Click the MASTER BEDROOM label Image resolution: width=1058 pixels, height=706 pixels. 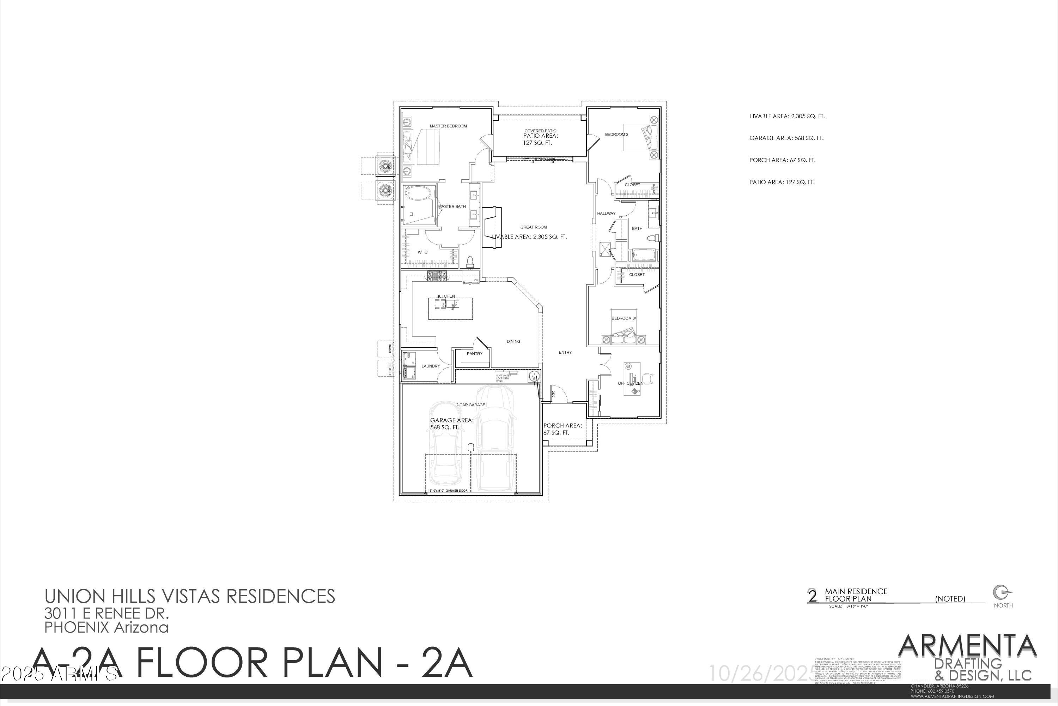pos(448,126)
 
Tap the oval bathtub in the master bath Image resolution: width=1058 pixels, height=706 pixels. pos(418,194)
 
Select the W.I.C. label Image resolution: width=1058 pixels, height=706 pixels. pos(422,252)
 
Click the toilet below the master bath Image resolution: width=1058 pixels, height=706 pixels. pos(470,261)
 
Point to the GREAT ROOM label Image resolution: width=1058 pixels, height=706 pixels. pos(534,227)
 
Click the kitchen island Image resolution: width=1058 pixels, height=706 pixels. pos(451,309)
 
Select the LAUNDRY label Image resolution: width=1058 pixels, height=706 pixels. pos(431,366)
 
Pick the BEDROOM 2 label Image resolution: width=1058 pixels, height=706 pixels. pos(616,134)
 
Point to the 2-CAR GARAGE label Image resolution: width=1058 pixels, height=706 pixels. pos(470,405)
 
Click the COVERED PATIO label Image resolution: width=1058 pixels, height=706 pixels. pos(540,131)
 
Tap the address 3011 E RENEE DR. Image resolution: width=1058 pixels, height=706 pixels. pos(107,613)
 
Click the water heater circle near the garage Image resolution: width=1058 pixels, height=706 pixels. pos(534,376)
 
